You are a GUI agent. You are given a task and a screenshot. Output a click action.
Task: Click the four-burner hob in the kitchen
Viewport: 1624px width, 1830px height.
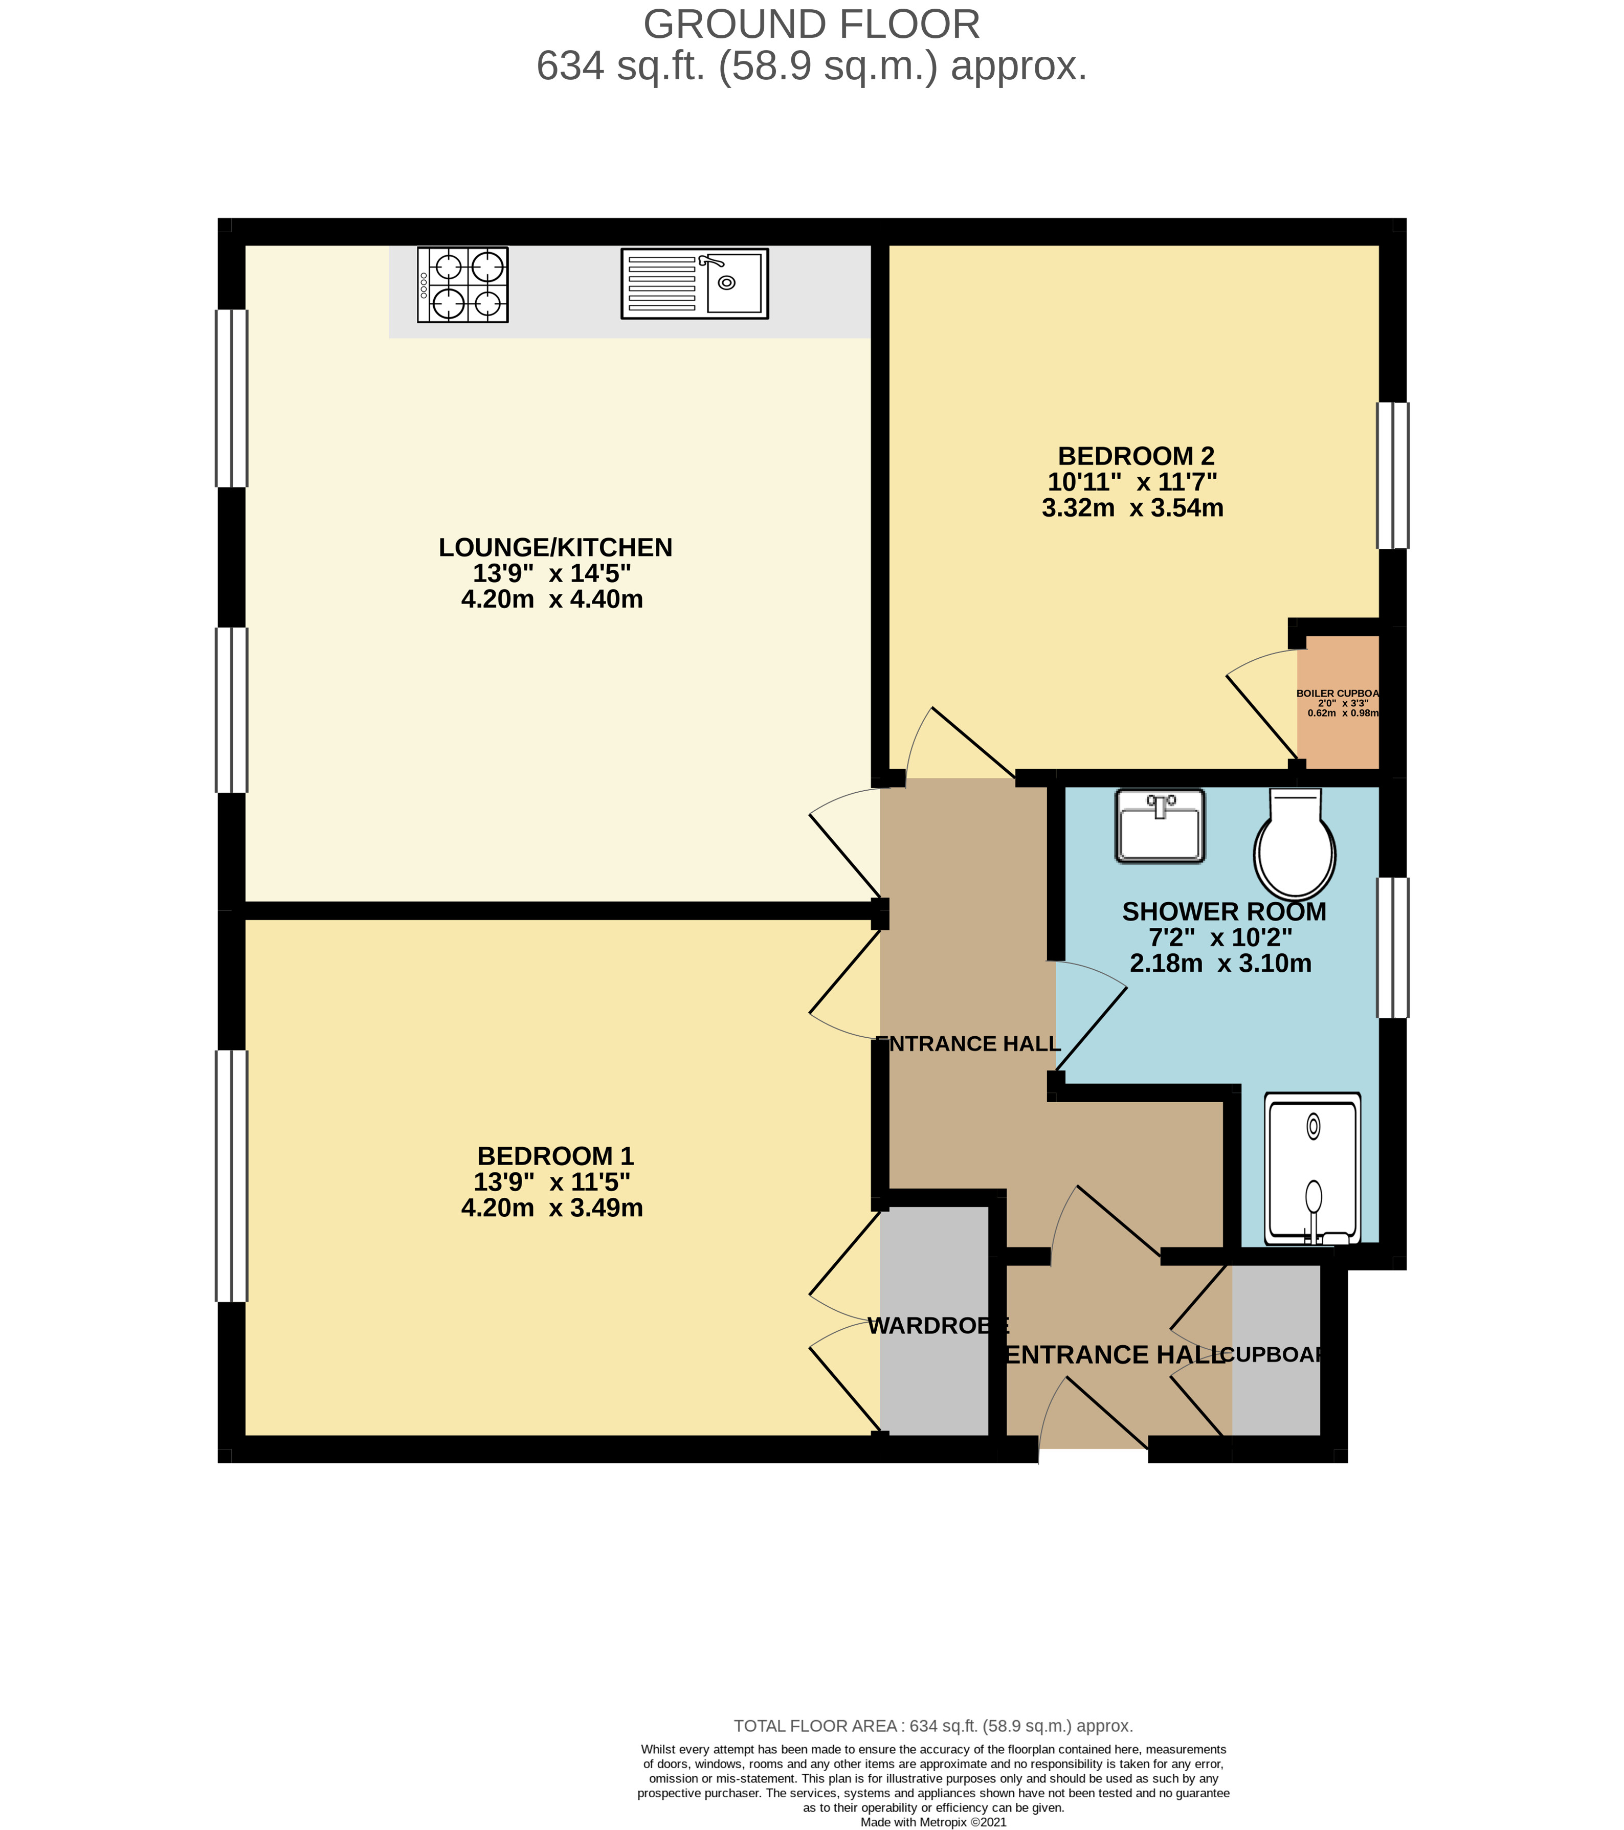tap(463, 285)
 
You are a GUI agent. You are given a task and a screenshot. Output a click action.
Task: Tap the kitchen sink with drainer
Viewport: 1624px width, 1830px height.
tap(695, 284)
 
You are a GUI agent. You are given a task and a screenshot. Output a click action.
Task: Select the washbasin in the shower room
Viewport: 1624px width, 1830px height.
tap(1160, 825)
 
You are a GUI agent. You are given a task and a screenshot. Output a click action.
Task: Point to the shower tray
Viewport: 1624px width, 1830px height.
tap(1312, 1168)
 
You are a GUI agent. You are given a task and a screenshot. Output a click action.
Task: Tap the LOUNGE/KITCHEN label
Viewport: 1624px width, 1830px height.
tap(555, 547)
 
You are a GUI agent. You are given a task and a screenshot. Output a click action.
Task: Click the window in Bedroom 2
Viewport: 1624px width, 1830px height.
tap(1392, 476)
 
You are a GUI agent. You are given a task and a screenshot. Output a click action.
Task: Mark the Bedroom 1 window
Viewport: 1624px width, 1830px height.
tap(231, 1175)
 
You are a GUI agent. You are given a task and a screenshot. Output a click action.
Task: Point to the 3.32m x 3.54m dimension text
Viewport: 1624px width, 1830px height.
tap(1132, 508)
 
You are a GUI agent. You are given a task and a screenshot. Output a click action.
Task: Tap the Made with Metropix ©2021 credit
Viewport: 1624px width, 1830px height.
tap(933, 1822)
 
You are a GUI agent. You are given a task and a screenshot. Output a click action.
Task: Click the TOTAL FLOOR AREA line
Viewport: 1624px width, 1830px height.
tap(933, 1725)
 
